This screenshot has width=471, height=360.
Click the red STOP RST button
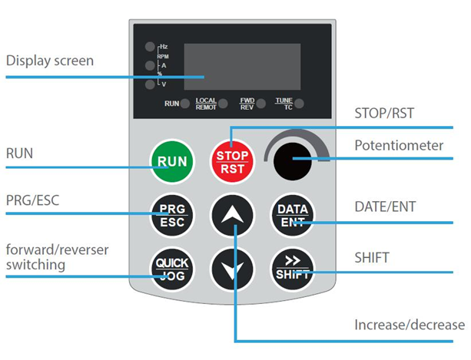232,162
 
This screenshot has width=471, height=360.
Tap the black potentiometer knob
292,161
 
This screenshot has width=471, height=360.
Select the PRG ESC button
172,216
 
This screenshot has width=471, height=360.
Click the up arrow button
232,216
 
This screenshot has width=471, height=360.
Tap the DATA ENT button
292,216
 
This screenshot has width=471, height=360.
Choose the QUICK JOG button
172,269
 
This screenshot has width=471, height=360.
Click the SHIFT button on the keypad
292,269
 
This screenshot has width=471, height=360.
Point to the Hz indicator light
150,47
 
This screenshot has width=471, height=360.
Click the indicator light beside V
150,84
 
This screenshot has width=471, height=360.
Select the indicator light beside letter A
150,65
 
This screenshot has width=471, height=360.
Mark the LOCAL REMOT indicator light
223,104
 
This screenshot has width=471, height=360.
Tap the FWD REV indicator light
261,104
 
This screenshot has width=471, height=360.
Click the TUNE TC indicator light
299,104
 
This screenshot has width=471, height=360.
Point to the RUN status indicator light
185,104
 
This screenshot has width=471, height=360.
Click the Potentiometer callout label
399,145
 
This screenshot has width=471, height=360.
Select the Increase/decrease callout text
410,325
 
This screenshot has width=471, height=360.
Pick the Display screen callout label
50,61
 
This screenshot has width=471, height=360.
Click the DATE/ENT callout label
386,206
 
